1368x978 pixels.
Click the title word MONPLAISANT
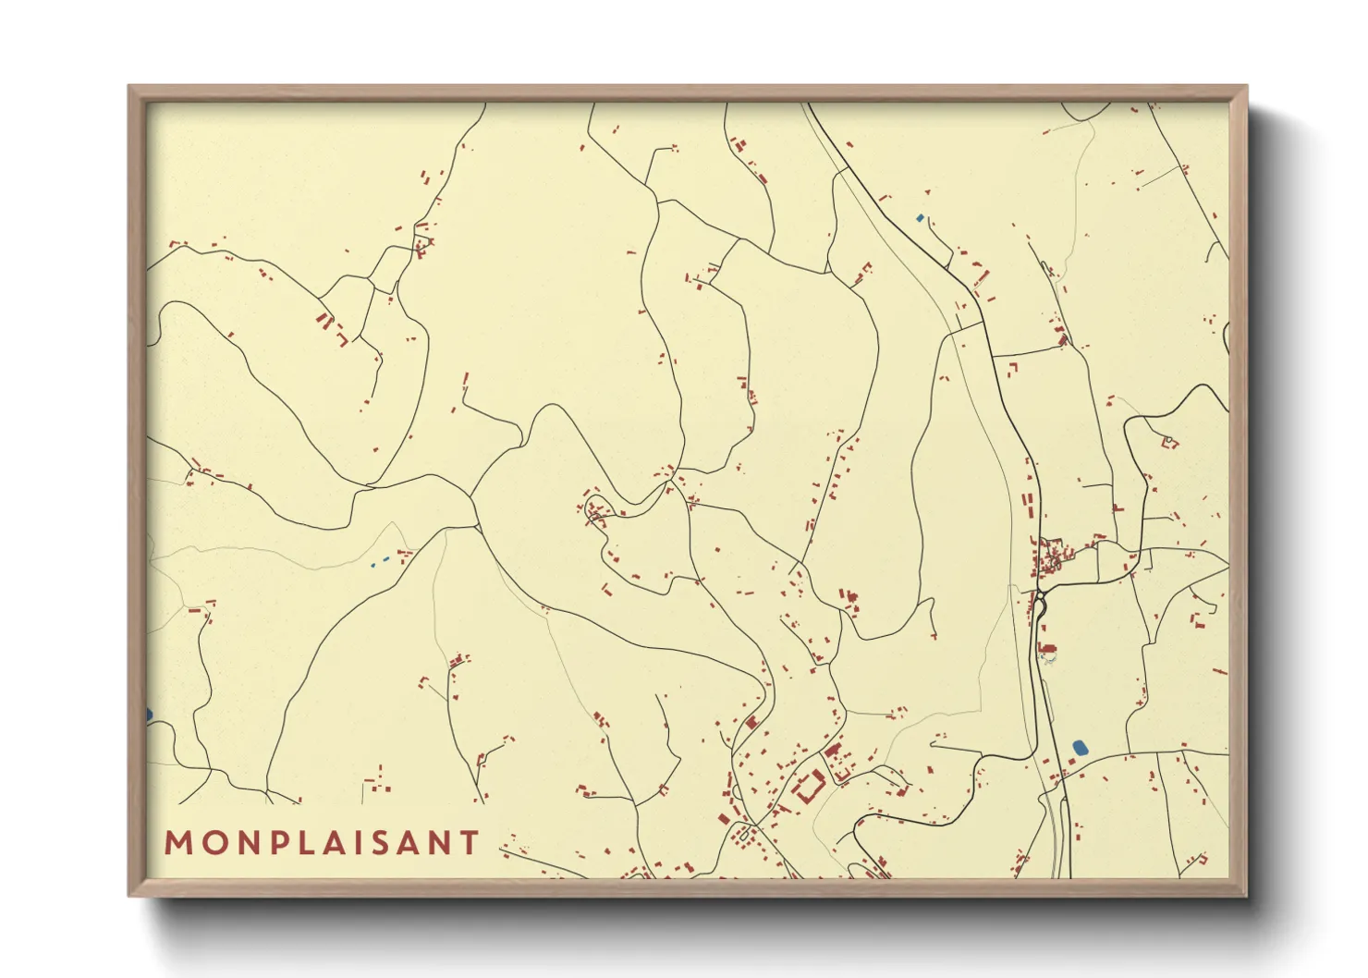coord(322,842)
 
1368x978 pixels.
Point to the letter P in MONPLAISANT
coord(277,842)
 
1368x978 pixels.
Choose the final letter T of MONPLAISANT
coord(470,842)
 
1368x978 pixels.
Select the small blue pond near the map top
coord(919,218)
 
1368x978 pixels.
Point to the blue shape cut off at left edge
coord(149,715)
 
